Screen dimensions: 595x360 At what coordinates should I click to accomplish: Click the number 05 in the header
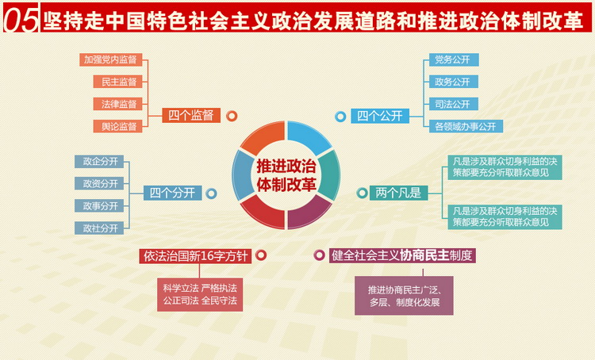[x=21, y=19]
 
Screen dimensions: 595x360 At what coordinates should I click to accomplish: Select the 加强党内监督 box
[x=111, y=59]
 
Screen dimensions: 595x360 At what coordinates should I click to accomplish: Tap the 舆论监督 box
[x=117, y=126]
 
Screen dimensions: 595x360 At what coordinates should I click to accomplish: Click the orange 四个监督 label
[x=191, y=115]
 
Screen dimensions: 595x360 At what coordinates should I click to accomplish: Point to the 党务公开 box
[x=454, y=59]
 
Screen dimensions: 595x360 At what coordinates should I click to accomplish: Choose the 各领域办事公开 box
[x=466, y=126]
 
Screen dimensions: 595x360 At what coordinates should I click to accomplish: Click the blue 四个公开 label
[x=380, y=116]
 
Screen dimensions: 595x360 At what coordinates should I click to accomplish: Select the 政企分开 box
[x=99, y=162]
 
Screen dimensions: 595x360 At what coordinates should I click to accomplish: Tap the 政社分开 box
[x=99, y=228]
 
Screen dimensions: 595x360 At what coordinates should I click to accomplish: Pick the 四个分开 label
[x=173, y=193]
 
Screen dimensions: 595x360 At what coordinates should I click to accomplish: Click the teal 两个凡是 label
[x=398, y=193]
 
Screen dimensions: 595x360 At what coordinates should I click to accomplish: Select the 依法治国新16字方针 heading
[x=195, y=256]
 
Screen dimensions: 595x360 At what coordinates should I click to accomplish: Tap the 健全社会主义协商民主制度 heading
[x=402, y=255]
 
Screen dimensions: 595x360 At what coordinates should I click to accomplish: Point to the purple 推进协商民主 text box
[x=404, y=296]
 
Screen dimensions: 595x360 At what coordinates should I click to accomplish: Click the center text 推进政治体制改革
[x=286, y=175]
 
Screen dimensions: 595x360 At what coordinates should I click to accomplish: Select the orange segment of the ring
[x=263, y=137]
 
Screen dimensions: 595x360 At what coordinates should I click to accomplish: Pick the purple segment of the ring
[x=309, y=213]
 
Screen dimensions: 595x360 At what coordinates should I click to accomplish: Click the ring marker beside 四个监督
[x=232, y=116]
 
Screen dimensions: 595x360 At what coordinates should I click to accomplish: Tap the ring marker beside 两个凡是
[x=362, y=193]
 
